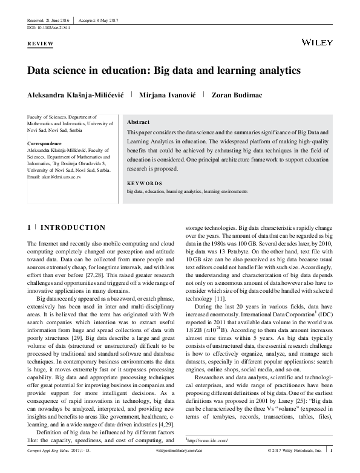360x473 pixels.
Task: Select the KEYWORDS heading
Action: coord(145,183)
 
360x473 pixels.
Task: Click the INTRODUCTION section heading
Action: coord(73,227)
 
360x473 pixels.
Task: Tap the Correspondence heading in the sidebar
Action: coord(48,143)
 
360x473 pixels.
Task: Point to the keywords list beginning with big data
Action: coord(186,191)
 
